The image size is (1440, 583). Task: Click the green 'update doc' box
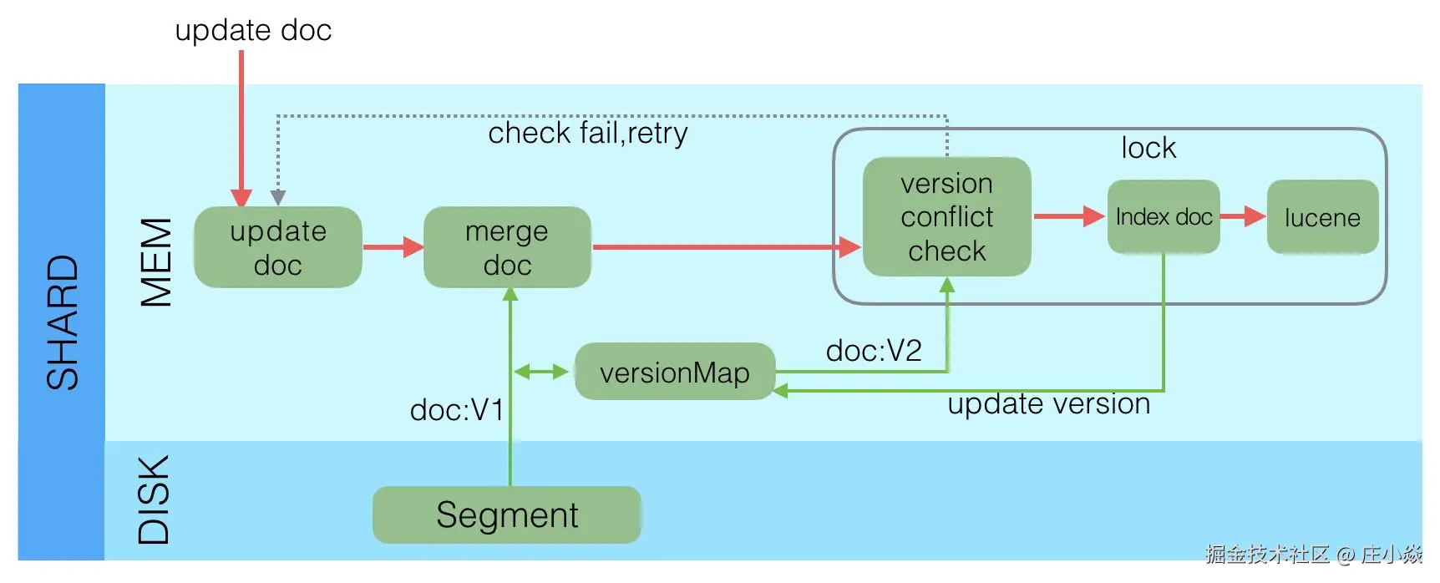(277, 247)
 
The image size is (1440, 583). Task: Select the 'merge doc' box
(507, 247)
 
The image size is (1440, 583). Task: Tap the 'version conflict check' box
(946, 216)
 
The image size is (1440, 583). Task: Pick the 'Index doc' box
(1163, 217)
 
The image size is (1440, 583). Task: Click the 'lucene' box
(1321, 217)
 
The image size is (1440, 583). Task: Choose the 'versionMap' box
(674, 372)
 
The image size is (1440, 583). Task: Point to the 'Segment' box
(506, 515)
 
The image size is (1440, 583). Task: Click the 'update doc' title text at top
(253, 30)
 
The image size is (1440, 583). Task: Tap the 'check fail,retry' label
(587, 133)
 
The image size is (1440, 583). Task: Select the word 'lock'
(1148, 148)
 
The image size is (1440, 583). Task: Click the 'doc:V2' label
(873, 350)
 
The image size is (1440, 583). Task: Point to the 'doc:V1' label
(457, 409)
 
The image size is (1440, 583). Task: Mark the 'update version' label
(1048, 403)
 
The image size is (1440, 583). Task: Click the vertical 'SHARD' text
(63, 322)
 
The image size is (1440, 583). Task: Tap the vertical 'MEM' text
(156, 262)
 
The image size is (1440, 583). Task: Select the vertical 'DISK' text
(154, 499)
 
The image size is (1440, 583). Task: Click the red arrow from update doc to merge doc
(393, 247)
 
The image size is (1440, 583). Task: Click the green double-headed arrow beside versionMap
(541, 372)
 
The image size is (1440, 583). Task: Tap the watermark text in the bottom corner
(1313, 554)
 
